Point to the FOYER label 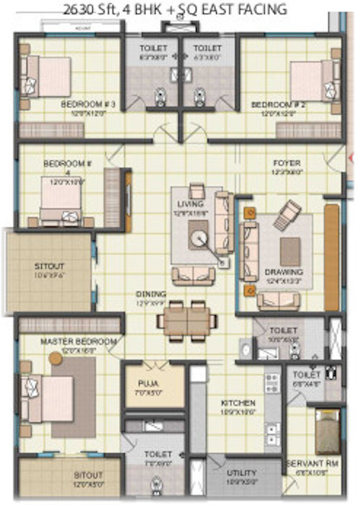[287, 163]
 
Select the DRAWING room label [284, 273]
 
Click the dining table [189, 319]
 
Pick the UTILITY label [241, 473]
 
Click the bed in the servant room [328, 433]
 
